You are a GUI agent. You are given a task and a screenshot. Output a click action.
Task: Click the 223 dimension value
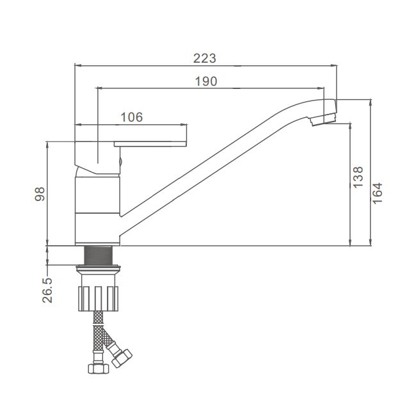click(205, 58)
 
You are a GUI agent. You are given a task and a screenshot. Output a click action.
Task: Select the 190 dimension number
click(206, 81)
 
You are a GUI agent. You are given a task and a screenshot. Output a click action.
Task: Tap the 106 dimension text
click(132, 117)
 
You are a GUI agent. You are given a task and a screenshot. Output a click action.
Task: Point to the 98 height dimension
click(40, 194)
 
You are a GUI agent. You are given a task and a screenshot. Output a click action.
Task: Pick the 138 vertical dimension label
click(358, 177)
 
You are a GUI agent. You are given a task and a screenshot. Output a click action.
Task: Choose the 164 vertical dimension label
click(377, 193)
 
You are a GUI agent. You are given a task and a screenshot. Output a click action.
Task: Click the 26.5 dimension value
click(47, 291)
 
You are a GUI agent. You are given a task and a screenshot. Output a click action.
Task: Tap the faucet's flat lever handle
click(150, 144)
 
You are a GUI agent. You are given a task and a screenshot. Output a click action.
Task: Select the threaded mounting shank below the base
click(98, 255)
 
